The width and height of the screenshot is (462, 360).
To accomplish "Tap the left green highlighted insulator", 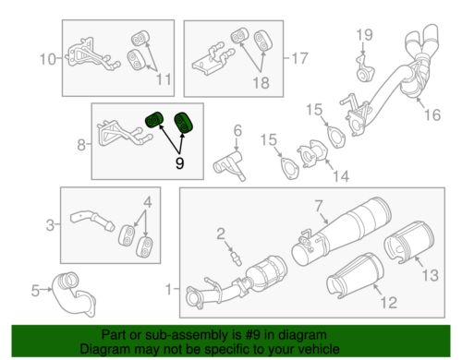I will [155, 121].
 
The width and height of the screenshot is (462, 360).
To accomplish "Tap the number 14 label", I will [342, 174].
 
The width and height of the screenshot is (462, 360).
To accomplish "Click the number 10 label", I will [46, 61].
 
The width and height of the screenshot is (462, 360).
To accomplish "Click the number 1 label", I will [167, 289].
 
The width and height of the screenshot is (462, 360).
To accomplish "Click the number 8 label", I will [80, 144].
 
